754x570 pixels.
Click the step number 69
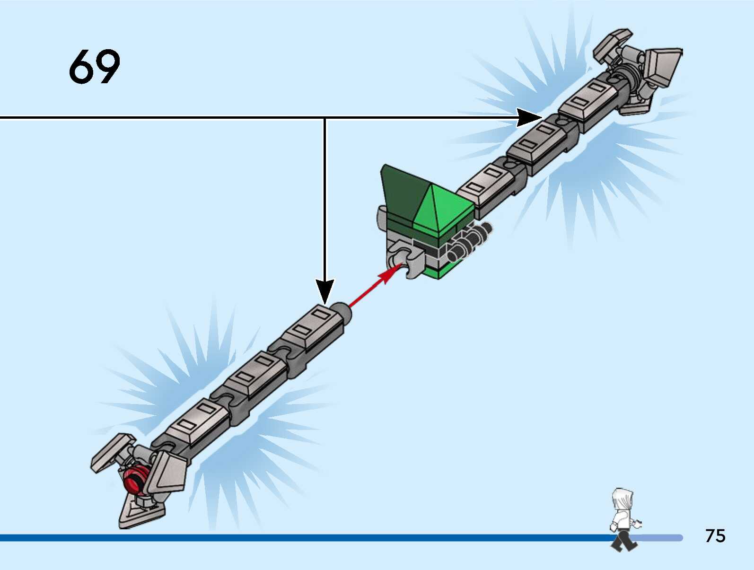(95, 67)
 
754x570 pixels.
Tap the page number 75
(715, 536)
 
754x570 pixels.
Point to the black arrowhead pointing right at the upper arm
(528, 117)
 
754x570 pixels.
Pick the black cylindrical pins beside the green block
(468, 241)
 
